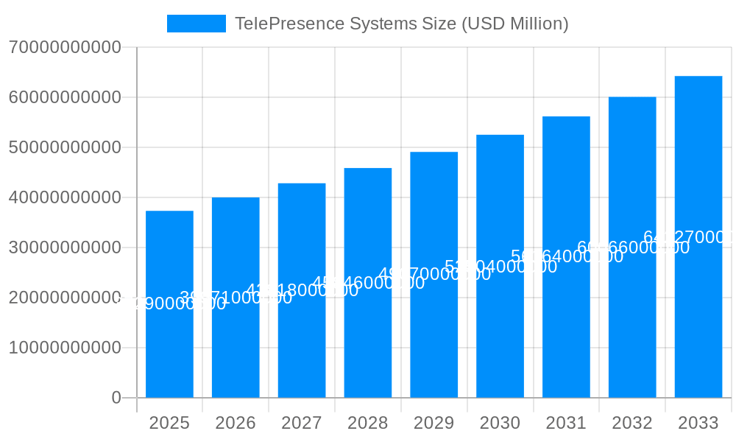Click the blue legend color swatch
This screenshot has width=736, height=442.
click(197, 24)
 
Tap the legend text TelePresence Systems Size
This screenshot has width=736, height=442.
click(401, 24)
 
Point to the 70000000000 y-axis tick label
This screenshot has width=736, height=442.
click(65, 48)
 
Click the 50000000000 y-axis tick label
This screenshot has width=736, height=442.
click(65, 147)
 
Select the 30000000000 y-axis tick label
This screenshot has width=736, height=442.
click(65, 248)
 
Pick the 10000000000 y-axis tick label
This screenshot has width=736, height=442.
click(65, 348)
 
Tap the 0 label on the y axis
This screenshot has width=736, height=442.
click(116, 398)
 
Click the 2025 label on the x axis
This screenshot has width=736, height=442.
click(169, 423)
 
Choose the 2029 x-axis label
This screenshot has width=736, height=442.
click(434, 423)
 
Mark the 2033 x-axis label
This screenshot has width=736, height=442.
click(698, 423)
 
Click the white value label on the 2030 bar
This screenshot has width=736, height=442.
click(500, 267)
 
